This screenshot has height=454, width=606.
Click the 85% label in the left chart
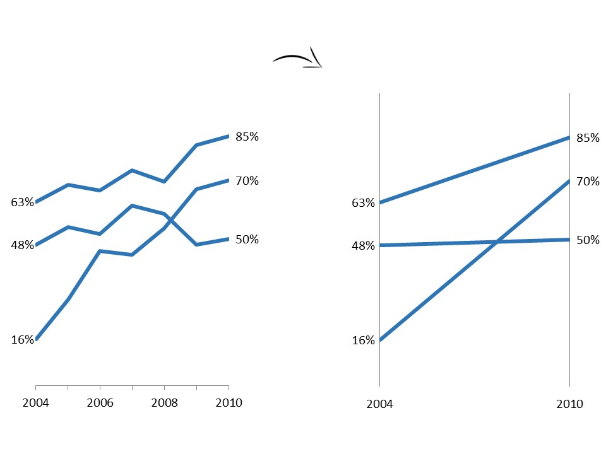247,137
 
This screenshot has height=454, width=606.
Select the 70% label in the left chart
247,181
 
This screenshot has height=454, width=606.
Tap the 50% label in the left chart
247,240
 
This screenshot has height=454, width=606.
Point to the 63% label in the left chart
22,202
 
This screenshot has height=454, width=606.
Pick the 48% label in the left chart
22,245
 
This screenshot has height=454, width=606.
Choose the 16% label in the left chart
22,340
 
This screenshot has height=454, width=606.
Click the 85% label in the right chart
588,138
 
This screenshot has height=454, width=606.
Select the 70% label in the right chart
588,182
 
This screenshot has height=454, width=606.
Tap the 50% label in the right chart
588,240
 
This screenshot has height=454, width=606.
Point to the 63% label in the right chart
364,203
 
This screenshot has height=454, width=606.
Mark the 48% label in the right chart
364,246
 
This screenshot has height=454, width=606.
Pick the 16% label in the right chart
364,340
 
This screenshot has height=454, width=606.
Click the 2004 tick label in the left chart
35,403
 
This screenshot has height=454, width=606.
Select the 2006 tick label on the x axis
100,403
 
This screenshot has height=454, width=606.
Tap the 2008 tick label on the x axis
164,403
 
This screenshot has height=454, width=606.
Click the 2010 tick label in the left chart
229,403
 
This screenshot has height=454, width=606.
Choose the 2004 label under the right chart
379,404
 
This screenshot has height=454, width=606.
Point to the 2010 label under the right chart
570,404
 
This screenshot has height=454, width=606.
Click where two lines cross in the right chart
497,242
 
